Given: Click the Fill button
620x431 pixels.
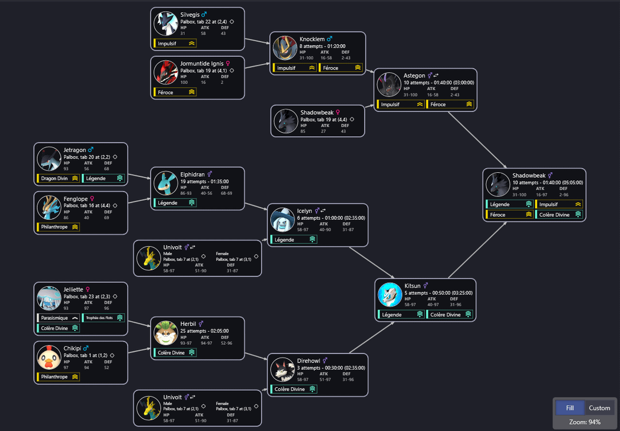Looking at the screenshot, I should point(569,408).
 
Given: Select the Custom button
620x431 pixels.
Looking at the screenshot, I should point(599,408).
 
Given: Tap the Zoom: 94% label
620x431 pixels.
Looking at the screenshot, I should point(584,422).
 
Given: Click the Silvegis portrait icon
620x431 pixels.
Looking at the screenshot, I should point(166,24).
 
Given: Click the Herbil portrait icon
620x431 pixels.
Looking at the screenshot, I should point(166,333).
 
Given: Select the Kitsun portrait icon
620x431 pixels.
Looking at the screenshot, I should point(390,295).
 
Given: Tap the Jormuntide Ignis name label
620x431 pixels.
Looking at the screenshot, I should point(201,63).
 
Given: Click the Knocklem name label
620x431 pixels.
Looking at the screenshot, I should point(312,39).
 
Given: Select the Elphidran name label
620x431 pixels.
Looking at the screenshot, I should point(192,174).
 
